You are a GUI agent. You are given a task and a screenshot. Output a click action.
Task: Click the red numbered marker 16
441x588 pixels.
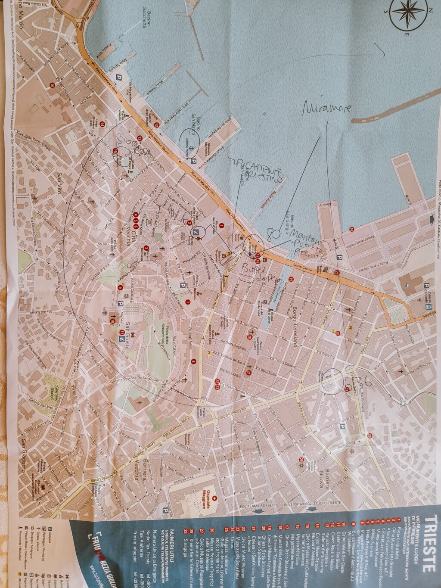pyautogui.click(x=52, y=85)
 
